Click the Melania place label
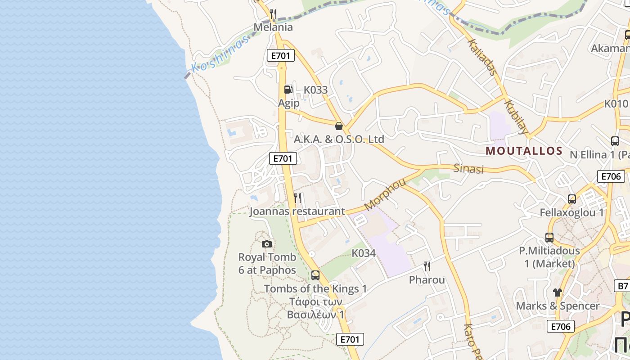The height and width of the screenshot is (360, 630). [273, 27]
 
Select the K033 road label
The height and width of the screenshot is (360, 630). [315, 90]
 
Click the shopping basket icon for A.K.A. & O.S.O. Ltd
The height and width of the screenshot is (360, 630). [339, 126]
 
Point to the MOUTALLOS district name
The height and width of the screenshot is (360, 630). [524, 151]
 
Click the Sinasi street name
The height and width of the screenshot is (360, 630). [468, 169]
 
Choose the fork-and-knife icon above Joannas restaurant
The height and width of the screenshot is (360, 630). [297, 198]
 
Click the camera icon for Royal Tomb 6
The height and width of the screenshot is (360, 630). [267, 244]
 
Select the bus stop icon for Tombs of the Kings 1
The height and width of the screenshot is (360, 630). [315, 275]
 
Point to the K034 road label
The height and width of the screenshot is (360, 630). [364, 253]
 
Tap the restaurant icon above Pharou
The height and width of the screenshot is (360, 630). [427, 266]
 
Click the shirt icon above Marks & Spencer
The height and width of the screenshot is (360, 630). [558, 292]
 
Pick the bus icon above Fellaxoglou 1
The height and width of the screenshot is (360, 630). [572, 199]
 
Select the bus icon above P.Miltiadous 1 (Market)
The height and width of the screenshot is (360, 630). [549, 237]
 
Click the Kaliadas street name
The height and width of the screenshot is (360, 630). [482, 57]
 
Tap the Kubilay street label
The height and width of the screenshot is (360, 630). [516, 117]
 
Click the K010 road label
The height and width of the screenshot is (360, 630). [616, 103]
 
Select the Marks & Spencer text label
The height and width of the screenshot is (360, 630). [558, 306]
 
